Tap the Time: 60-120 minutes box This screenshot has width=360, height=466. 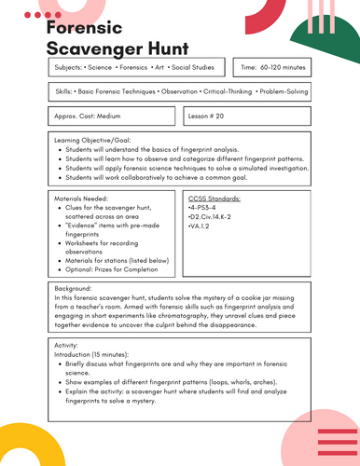pyautogui.click(x=271, y=68)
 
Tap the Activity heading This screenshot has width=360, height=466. pyautogui.click(x=68, y=345)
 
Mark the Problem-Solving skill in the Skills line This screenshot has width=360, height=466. pyautogui.click(x=279, y=92)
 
